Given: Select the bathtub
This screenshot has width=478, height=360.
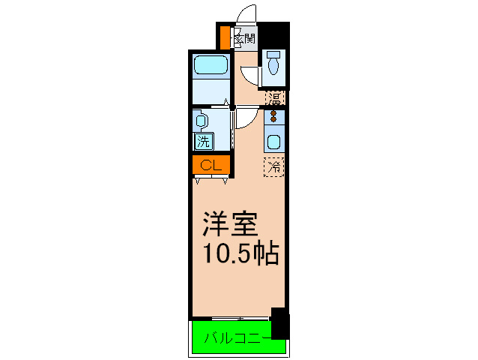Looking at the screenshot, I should (211, 65).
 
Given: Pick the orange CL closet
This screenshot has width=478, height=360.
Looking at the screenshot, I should (209, 164).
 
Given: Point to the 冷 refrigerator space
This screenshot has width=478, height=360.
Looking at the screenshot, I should (274, 166).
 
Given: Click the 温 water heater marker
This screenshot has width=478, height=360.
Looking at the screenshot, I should (275, 97).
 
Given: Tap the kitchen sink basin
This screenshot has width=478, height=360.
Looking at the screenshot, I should (274, 140).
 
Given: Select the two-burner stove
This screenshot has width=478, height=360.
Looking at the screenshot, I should (274, 116).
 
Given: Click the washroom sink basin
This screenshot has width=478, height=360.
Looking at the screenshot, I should (201, 119).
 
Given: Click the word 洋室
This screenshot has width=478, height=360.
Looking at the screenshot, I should (232, 224).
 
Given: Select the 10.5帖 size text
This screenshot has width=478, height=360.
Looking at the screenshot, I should (240, 253).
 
